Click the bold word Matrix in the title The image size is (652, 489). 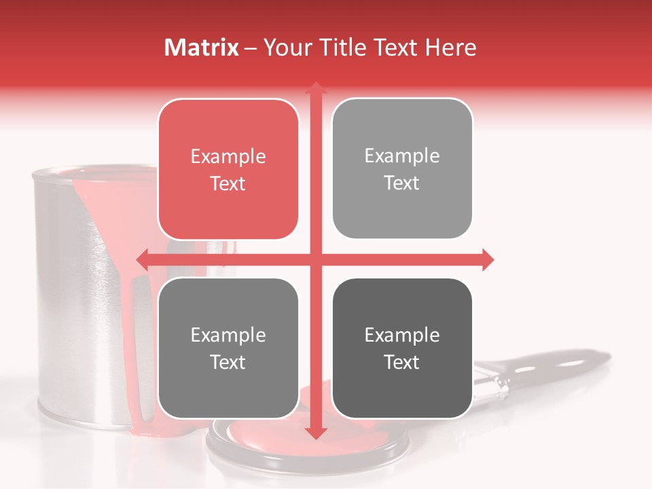pyautogui.click(x=202, y=48)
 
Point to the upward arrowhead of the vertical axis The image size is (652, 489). pyautogui.click(x=315, y=88)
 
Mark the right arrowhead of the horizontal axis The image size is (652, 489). pyautogui.click(x=487, y=259)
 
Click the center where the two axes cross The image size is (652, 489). pyautogui.click(x=315, y=259)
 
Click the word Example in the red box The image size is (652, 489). pyautogui.click(x=228, y=157)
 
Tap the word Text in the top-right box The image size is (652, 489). pyautogui.click(x=402, y=183)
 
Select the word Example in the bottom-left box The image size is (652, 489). pyautogui.click(x=228, y=336)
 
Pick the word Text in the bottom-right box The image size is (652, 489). pyautogui.click(x=402, y=363)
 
